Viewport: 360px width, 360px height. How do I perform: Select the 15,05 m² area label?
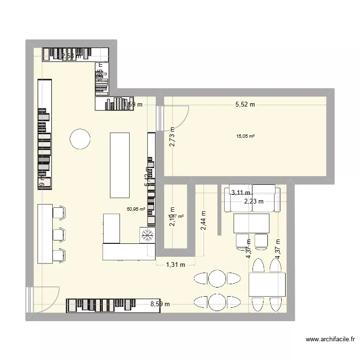click(245, 136)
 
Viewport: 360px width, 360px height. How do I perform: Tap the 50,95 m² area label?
click(136, 209)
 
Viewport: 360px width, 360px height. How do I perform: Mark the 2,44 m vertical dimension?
click(204, 221)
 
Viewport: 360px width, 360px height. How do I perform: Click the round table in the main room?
click(80, 139)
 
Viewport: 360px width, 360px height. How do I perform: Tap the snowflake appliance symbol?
click(147, 235)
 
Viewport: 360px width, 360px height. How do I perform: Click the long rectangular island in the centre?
click(120, 165)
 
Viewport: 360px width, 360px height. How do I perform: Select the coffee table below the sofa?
click(251, 223)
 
